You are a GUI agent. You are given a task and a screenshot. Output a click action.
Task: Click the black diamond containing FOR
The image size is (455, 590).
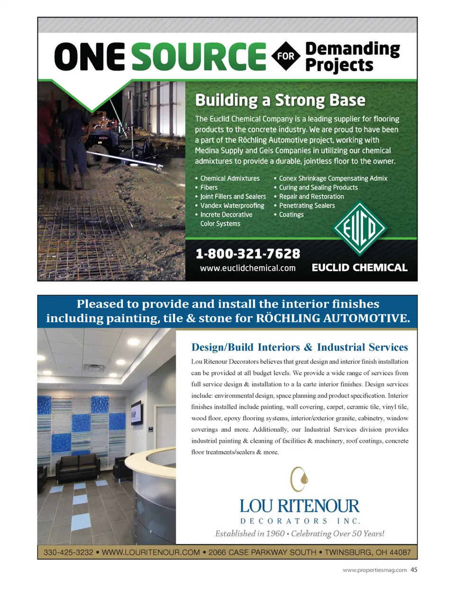pos(286,56)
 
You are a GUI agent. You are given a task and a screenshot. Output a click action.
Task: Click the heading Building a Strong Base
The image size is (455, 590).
pos(280,100)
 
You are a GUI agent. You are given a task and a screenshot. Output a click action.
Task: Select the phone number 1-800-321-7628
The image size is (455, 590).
pos(248,254)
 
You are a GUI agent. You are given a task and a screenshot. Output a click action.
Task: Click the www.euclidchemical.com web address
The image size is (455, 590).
pos(248,268)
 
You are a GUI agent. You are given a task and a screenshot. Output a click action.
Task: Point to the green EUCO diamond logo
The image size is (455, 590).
pos(360,228)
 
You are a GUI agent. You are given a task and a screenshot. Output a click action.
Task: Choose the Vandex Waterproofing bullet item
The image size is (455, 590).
pos(232,206)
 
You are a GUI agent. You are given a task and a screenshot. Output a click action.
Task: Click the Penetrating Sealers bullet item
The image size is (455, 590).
pos(307,206)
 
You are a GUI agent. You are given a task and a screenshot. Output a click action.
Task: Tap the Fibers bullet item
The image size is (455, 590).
pos(209,188)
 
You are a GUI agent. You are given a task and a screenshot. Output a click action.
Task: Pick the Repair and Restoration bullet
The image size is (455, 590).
pos(311,197)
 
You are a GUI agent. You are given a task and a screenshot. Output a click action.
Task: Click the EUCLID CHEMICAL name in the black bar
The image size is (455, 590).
pos(359,268)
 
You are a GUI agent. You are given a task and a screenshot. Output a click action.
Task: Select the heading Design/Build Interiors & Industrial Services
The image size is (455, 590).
pos(300,347)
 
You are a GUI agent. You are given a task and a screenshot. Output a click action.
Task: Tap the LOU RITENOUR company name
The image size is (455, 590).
pos(300,506)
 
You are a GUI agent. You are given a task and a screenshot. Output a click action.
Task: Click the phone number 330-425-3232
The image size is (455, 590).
pos(68,553)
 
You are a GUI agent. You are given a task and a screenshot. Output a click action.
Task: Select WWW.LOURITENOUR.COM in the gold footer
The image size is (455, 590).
pos(151,553)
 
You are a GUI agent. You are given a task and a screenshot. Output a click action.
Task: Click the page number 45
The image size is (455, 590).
pos(414,570)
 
